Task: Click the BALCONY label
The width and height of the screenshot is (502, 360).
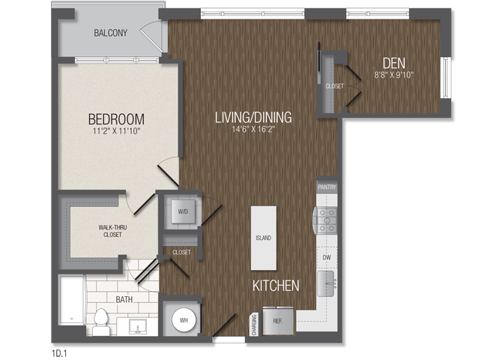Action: (110, 33)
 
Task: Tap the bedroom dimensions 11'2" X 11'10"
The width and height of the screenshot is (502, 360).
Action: (117, 130)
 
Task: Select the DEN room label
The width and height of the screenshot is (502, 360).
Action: (394, 63)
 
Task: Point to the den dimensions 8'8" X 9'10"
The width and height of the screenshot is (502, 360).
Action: (394, 75)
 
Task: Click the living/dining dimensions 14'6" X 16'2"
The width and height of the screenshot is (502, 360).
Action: (253, 129)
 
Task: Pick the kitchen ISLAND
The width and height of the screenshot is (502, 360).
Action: (264, 238)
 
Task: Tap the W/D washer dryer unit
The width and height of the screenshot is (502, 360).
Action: (183, 211)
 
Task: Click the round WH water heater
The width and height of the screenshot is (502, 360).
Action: (184, 320)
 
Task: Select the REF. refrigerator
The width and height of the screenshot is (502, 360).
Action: (278, 321)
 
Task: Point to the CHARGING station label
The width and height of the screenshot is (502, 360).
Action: (254, 325)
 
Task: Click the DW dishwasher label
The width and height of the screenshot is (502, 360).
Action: (327, 257)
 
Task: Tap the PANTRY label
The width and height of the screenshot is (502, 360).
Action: (327, 187)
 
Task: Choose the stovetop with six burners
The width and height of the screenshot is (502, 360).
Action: (325, 220)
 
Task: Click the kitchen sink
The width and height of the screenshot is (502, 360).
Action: (327, 283)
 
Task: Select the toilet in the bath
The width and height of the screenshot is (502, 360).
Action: (101, 322)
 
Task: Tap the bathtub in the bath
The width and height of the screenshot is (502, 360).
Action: (73, 300)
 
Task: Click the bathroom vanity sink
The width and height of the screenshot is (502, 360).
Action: (138, 327)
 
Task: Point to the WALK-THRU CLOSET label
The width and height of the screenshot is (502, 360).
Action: (112, 231)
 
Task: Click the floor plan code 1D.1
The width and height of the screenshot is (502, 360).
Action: (59, 353)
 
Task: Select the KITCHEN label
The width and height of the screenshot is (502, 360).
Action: (276, 286)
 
